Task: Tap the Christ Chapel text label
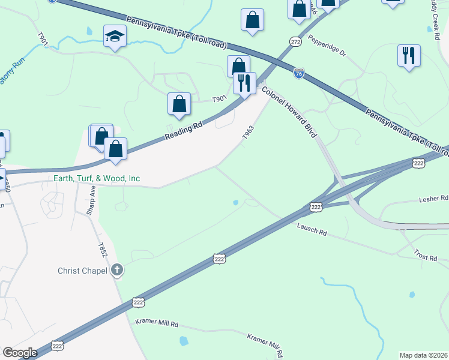pos(83,271)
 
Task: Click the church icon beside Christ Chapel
pos(117,271)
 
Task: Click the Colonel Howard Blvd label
pos(288,112)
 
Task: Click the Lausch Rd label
pos(312,229)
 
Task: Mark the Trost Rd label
pos(425,256)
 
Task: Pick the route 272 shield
pos(294,41)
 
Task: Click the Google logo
pos(20,353)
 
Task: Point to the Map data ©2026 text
pos(423,355)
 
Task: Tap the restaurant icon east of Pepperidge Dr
pos(409,56)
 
